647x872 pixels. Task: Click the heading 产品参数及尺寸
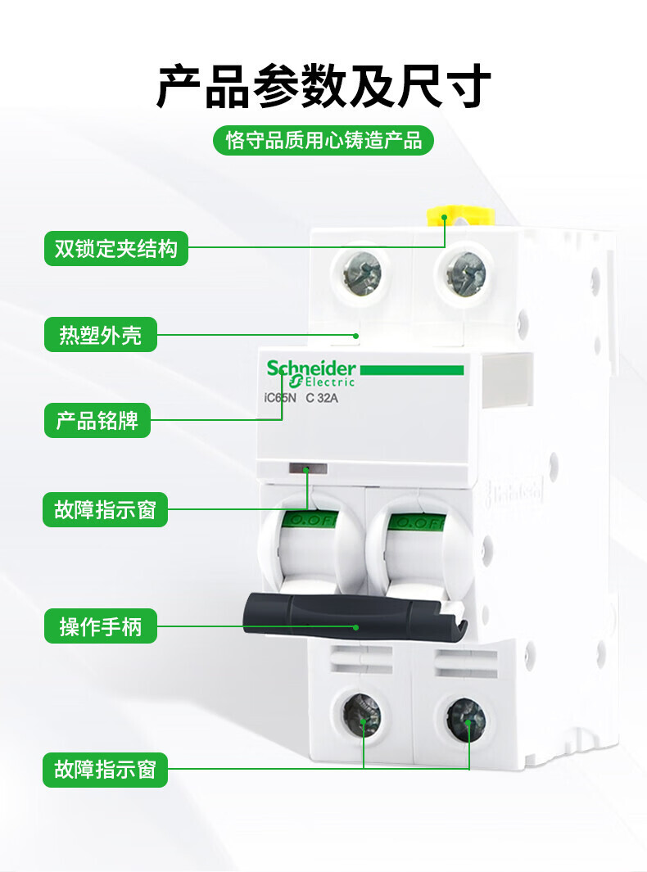coord(323,86)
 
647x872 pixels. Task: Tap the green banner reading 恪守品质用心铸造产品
coord(323,140)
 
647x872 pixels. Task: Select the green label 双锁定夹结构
coord(116,248)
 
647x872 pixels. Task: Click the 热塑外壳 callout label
coord(101,335)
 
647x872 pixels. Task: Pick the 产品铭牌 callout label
coord(97,420)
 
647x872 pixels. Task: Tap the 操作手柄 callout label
coord(101,626)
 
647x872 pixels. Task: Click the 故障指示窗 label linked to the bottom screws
coord(105,770)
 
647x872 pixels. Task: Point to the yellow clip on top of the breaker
coord(460,215)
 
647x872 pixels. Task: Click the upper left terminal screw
coord(362,273)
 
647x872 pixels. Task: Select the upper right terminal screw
coord(466,273)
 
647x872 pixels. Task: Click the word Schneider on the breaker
coord(311,368)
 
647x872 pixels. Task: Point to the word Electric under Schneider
coord(329,382)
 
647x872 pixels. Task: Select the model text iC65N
coord(280,398)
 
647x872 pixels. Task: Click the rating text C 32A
coord(322,398)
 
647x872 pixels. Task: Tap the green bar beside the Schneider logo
coord(412,370)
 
